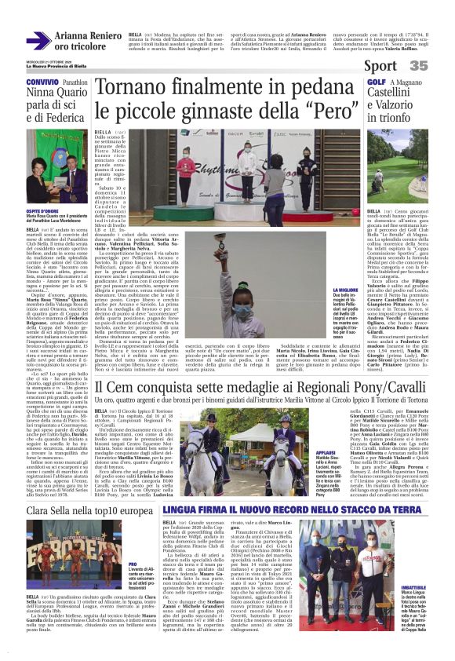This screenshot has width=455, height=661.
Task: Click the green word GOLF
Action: point(376,82)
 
